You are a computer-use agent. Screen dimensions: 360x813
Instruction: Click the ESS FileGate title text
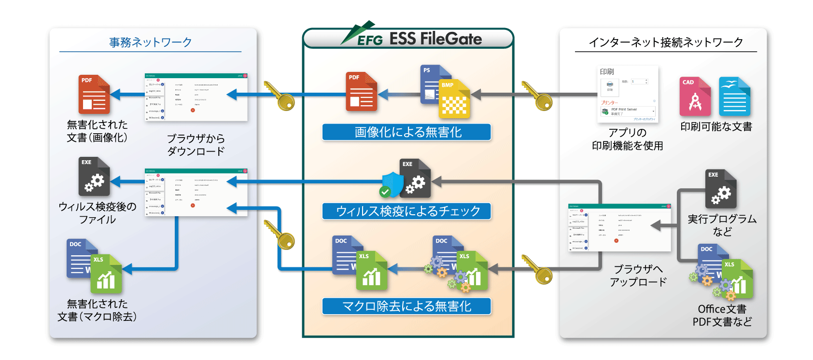[x=435, y=39]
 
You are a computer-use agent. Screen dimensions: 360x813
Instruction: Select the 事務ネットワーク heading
[x=150, y=42]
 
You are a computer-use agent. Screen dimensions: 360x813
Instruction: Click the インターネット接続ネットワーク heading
[x=666, y=42]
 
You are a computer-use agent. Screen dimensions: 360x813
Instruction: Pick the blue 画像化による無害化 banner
[x=406, y=132]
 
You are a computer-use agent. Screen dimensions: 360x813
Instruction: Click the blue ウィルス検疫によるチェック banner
[x=406, y=211]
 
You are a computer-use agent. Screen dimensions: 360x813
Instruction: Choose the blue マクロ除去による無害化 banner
[x=406, y=306]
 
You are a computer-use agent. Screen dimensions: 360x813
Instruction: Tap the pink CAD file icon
[x=695, y=97]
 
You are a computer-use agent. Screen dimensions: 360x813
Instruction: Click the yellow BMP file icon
[x=454, y=99]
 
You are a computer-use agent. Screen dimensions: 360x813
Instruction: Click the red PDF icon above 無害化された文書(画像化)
[x=94, y=94]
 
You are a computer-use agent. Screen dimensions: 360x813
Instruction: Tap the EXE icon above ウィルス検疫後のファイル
[x=94, y=177]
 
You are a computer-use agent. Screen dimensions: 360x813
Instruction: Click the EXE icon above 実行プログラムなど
[x=720, y=189]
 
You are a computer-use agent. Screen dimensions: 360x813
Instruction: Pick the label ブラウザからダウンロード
[x=196, y=145]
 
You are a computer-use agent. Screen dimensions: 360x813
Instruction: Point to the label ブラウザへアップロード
[x=638, y=276]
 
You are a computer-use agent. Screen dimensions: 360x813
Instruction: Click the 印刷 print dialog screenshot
[x=628, y=94]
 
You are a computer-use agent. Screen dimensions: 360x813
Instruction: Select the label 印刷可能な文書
[x=716, y=127]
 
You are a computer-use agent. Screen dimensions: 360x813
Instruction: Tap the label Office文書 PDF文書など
[x=722, y=315]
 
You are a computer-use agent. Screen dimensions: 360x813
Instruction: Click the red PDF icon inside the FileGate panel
[x=361, y=92]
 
